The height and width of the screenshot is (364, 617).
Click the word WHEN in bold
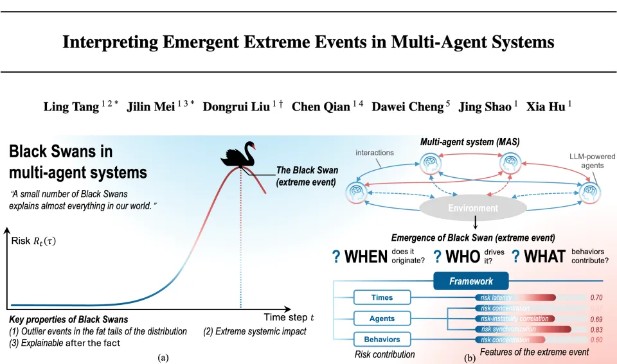point(366,257)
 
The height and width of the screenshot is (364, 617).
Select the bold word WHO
point(462,257)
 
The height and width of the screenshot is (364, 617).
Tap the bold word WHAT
point(545,257)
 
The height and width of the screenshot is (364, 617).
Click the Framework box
point(471,281)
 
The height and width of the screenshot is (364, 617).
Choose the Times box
point(382,298)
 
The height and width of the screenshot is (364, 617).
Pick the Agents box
point(382,318)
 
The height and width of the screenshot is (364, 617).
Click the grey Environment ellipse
point(473,208)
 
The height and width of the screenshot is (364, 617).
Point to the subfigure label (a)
point(163,357)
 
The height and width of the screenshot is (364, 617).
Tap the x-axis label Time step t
point(289,317)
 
